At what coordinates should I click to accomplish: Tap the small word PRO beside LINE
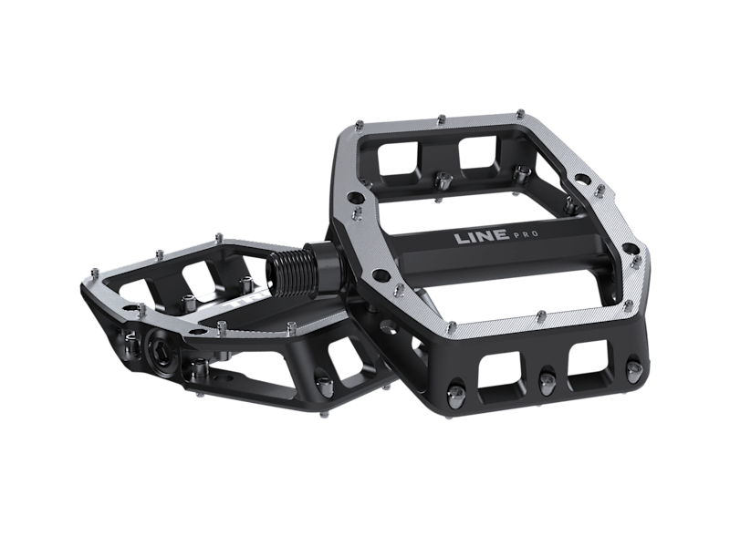coord(526,234)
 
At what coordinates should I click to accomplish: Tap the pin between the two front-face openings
coord(546,380)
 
